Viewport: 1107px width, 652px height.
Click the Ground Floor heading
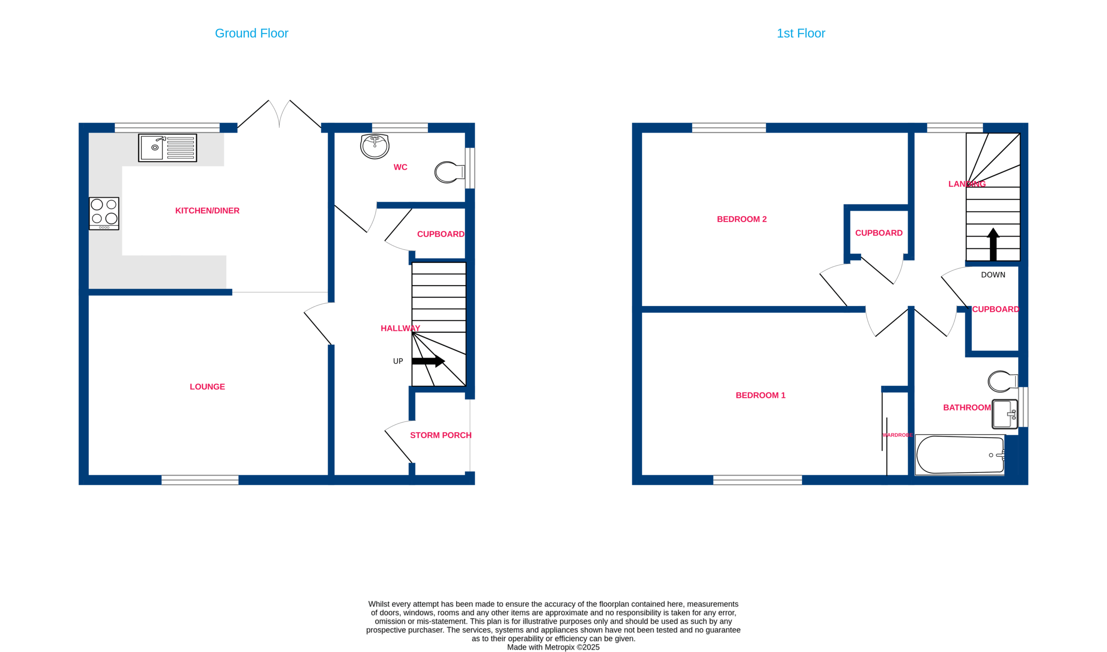[x=252, y=33]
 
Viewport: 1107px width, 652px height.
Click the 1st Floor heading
[x=800, y=33]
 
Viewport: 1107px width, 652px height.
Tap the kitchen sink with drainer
[x=167, y=148]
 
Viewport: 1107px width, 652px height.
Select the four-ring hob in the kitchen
[x=104, y=213]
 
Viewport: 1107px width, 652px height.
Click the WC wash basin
[x=374, y=146]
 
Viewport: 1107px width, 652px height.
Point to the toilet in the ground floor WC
[x=449, y=172]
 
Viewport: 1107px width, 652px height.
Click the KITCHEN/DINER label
[x=208, y=211]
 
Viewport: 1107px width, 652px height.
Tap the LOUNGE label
[x=208, y=387]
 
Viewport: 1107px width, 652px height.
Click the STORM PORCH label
[x=441, y=436]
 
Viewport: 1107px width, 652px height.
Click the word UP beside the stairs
[x=398, y=362]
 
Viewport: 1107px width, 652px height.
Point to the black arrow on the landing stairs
[x=993, y=244]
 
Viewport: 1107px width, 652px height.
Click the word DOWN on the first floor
[x=993, y=275]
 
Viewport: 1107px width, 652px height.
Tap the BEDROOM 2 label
[x=742, y=219]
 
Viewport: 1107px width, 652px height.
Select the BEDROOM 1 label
[x=761, y=395]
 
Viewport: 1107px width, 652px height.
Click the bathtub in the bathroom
[x=960, y=455]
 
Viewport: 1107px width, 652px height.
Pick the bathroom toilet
[x=1003, y=382]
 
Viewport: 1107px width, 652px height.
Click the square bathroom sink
[x=1005, y=414]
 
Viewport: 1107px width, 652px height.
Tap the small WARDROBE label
[x=897, y=435]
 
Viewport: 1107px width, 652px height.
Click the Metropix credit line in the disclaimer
[x=553, y=647]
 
